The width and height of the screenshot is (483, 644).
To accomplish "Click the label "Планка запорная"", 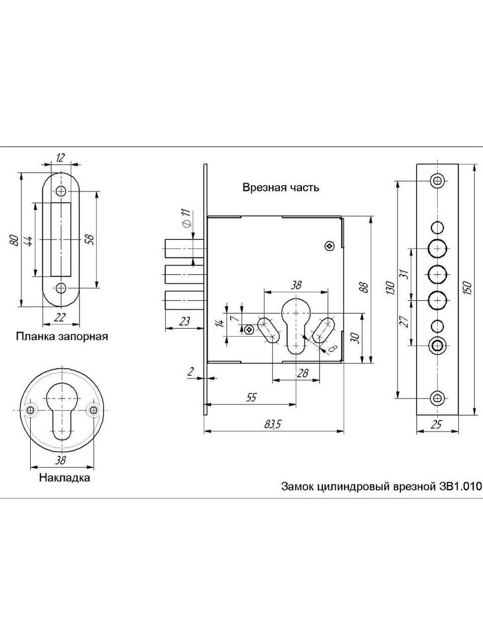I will [62, 336].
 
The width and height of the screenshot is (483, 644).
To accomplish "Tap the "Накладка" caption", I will [64, 477].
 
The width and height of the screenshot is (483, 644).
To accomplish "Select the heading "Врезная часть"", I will [281, 188].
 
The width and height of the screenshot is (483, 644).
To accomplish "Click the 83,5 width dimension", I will [271, 425].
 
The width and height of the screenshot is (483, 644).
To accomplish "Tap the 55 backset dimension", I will [252, 397].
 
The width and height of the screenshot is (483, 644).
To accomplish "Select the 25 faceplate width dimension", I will [436, 425].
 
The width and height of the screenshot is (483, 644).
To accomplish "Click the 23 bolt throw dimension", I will [185, 321].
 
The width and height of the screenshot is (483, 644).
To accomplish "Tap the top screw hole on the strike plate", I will [61, 191].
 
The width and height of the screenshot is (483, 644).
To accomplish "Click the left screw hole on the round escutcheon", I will [31, 410].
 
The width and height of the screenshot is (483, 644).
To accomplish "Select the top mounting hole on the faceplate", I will [437, 180].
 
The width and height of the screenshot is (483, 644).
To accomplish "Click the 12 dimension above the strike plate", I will [60, 157].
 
